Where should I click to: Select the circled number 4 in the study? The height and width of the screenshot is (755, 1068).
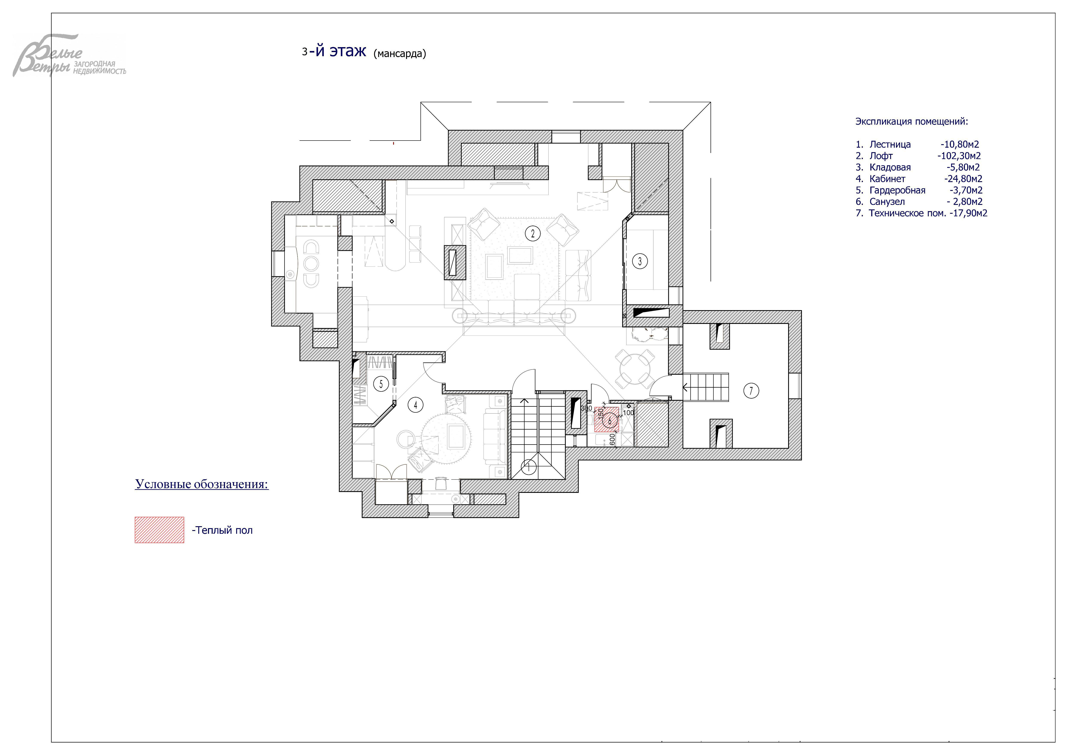click(x=415, y=405)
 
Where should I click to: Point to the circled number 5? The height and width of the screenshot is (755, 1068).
click(x=381, y=384)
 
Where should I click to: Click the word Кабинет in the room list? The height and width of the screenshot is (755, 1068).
click(x=888, y=178)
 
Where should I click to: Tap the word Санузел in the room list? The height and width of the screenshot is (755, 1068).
click(x=887, y=202)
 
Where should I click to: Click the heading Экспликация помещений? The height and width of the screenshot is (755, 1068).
click(x=912, y=122)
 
